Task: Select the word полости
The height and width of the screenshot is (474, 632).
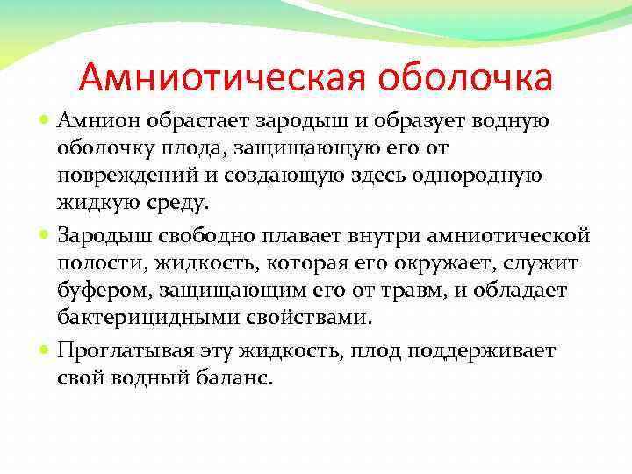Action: point(95,264)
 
